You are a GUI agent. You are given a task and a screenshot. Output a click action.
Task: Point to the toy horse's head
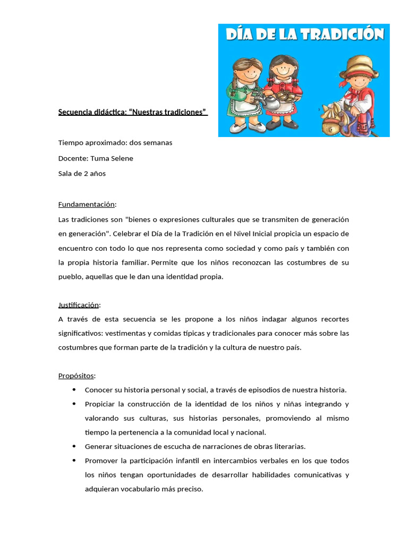[333, 118]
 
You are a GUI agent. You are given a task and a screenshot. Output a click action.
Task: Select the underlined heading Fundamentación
[86, 205]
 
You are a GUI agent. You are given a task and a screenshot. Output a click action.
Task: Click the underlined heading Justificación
[79, 305]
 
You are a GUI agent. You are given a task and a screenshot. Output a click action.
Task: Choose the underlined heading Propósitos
[76, 376]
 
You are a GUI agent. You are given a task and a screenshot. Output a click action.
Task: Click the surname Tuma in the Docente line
[99, 158]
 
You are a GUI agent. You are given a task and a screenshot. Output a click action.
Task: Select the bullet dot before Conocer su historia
[73, 390]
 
